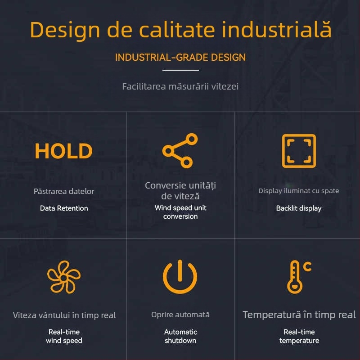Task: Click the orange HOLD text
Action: point(63,152)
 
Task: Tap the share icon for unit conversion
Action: point(180,151)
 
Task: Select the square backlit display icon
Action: point(299,151)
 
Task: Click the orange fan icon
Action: point(64,277)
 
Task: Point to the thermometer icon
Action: point(295,277)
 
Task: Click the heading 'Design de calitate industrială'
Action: point(180,30)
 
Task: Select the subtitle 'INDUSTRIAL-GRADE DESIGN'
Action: point(180,58)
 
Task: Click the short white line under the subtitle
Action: point(180,70)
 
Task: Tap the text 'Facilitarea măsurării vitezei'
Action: point(180,86)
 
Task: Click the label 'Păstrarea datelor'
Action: point(64,191)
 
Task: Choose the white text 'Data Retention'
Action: point(64,208)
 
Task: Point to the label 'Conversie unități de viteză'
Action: point(180,191)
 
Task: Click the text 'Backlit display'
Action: point(299,208)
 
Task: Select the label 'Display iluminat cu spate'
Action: point(299,191)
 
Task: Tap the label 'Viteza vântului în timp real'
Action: point(64,315)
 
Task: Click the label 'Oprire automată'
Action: point(180,315)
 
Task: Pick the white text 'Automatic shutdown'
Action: point(180,336)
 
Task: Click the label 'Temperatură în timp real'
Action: point(299,315)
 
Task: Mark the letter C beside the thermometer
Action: point(307,267)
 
